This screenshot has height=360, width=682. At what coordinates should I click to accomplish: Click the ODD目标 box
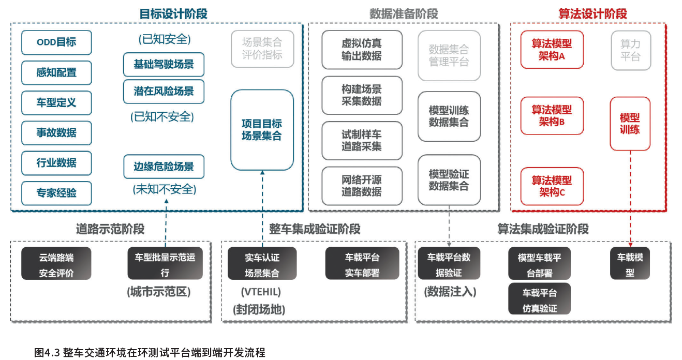[x=56, y=42]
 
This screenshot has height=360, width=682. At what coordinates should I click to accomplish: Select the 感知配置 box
[x=56, y=72]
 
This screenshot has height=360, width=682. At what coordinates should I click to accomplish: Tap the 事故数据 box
[x=56, y=133]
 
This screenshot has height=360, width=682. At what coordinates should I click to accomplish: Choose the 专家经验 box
[x=56, y=193]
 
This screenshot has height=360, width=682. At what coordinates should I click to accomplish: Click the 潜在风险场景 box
[x=164, y=92]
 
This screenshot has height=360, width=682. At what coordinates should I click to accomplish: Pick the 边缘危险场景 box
[x=164, y=167]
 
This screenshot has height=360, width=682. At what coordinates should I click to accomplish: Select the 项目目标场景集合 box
[x=262, y=130]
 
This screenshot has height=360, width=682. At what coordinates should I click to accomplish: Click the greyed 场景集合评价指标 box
[x=262, y=49]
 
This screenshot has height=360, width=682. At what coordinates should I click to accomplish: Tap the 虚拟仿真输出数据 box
[x=362, y=50]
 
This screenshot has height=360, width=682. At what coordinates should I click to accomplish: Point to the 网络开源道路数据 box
[x=362, y=186]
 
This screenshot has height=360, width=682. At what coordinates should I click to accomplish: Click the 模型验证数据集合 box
[x=449, y=180]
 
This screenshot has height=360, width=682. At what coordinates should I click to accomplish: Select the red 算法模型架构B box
[x=552, y=116]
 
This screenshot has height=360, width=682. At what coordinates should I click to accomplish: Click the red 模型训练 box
[x=630, y=124]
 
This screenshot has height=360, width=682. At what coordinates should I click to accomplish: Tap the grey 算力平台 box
[x=630, y=50]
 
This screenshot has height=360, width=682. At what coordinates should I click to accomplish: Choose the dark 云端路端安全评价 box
[x=56, y=264]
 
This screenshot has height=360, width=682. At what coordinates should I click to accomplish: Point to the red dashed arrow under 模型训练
[x=630, y=197]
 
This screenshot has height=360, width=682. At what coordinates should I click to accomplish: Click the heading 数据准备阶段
[x=404, y=14]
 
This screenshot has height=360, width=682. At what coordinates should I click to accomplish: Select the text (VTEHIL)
[x=261, y=292]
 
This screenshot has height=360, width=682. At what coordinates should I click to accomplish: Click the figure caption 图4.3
[x=150, y=353]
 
